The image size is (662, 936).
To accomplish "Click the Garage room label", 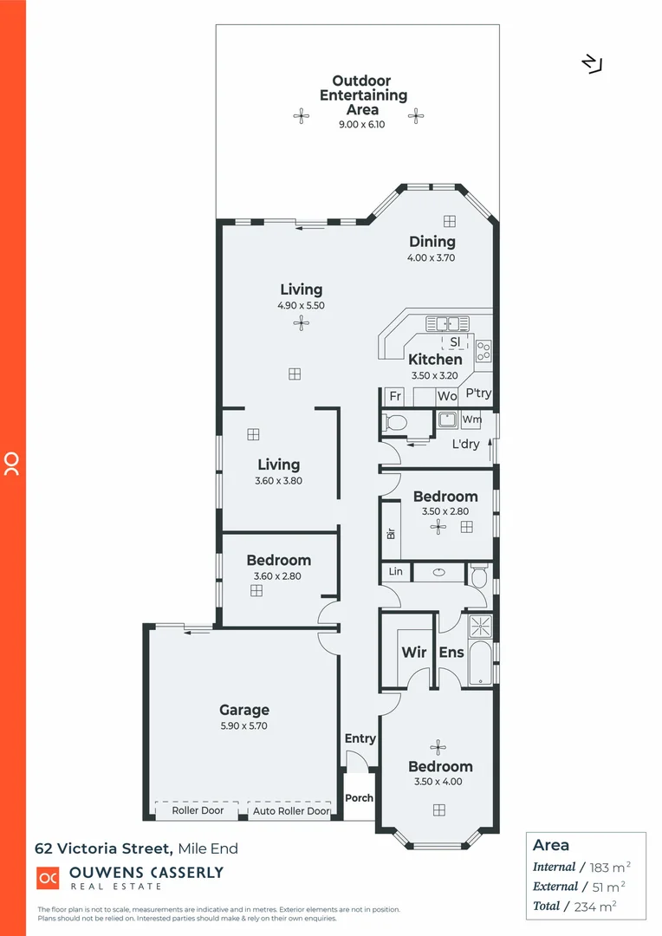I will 243,710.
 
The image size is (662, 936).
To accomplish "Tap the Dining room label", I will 432,242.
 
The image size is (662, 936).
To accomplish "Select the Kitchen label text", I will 435,359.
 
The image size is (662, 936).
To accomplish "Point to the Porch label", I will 359,798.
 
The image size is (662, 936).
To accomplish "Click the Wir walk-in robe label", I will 413,653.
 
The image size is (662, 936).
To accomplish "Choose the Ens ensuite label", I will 451,653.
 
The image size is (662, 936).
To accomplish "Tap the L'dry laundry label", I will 466,445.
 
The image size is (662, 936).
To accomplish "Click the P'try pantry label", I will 478,393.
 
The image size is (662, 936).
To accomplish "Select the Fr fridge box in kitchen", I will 395,396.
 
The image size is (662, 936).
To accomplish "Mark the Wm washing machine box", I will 471,419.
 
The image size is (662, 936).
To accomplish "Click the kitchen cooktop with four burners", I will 484,351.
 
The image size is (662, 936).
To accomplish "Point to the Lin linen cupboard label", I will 395,572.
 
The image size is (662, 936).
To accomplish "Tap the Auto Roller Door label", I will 291,811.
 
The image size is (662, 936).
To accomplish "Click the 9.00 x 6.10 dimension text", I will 361,125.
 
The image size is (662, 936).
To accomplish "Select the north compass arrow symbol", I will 592,64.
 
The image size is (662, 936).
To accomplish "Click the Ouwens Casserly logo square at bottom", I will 47,877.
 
